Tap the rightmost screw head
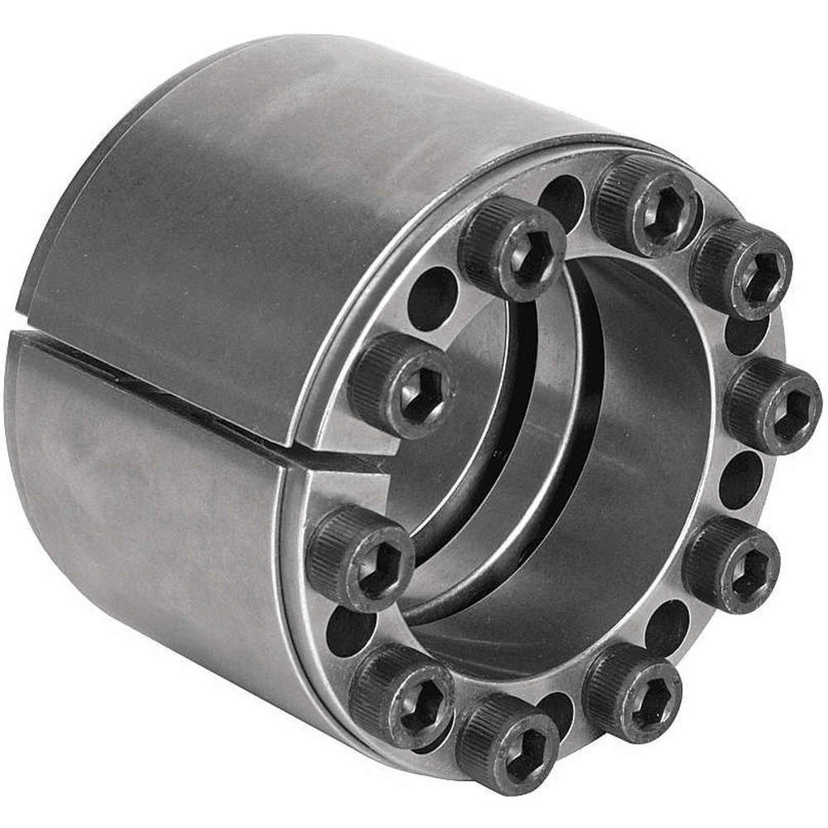coord(773,406)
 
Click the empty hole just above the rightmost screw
coord(745,332)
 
